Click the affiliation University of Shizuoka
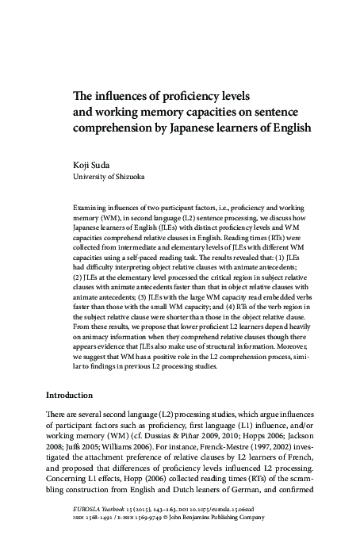[108, 178]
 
